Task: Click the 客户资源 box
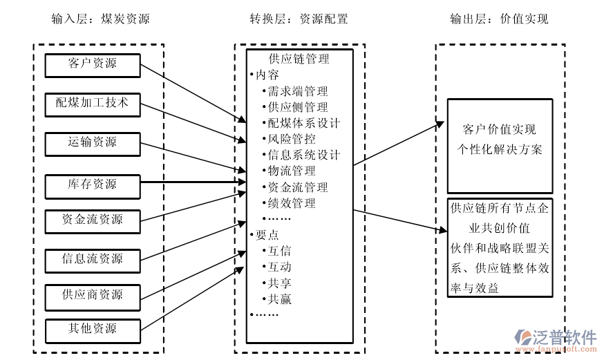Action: pyautogui.click(x=93, y=65)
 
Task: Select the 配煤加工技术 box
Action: pyautogui.click(x=93, y=104)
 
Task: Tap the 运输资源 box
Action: pyautogui.click(x=93, y=143)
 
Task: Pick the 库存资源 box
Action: pyautogui.click(x=93, y=185)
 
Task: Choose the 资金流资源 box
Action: pyautogui.click(x=93, y=220)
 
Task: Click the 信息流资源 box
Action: pyautogui.click(x=93, y=260)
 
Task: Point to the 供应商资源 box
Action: pyautogui.click(x=93, y=295)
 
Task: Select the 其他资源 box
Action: pyautogui.click(x=93, y=329)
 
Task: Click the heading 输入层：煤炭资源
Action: pyautogui.click(x=100, y=19)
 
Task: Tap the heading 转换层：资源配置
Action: pyautogui.click(x=299, y=19)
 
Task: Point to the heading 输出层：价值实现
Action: pyautogui.click(x=498, y=19)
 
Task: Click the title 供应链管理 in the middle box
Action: pyautogui.click(x=299, y=59)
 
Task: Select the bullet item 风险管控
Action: pyautogui.click(x=292, y=139)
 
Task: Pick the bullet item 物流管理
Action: pyautogui.click(x=292, y=171)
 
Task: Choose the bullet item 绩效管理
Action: pyautogui.click(x=292, y=204)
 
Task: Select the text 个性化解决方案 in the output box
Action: pyautogui.click(x=500, y=150)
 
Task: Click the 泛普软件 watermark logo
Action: pyautogui.click(x=556, y=338)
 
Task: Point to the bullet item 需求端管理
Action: pyautogui.click(x=297, y=91)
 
